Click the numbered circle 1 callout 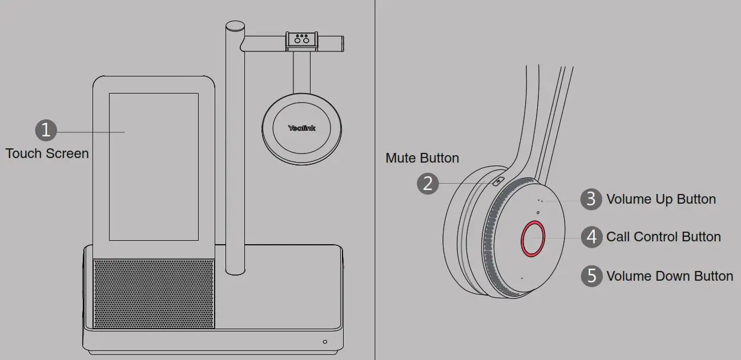tap(46, 130)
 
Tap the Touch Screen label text tap(47, 153)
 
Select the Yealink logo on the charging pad tap(301, 128)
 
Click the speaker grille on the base tap(154, 293)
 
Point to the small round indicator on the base tap(325, 342)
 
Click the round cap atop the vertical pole tap(235, 26)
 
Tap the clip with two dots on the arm tap(301, 41)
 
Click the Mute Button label tap(422, 158)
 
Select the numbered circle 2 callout tap(428, 184)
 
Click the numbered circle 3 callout tap(591, 199)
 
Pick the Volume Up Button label tap(661, 199)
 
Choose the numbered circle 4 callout tap(591, 237)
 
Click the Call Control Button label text tap(663, 237)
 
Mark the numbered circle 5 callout tap(591, 276)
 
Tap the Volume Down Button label tap(669, 276)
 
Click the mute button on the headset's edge tap(499, 182)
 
